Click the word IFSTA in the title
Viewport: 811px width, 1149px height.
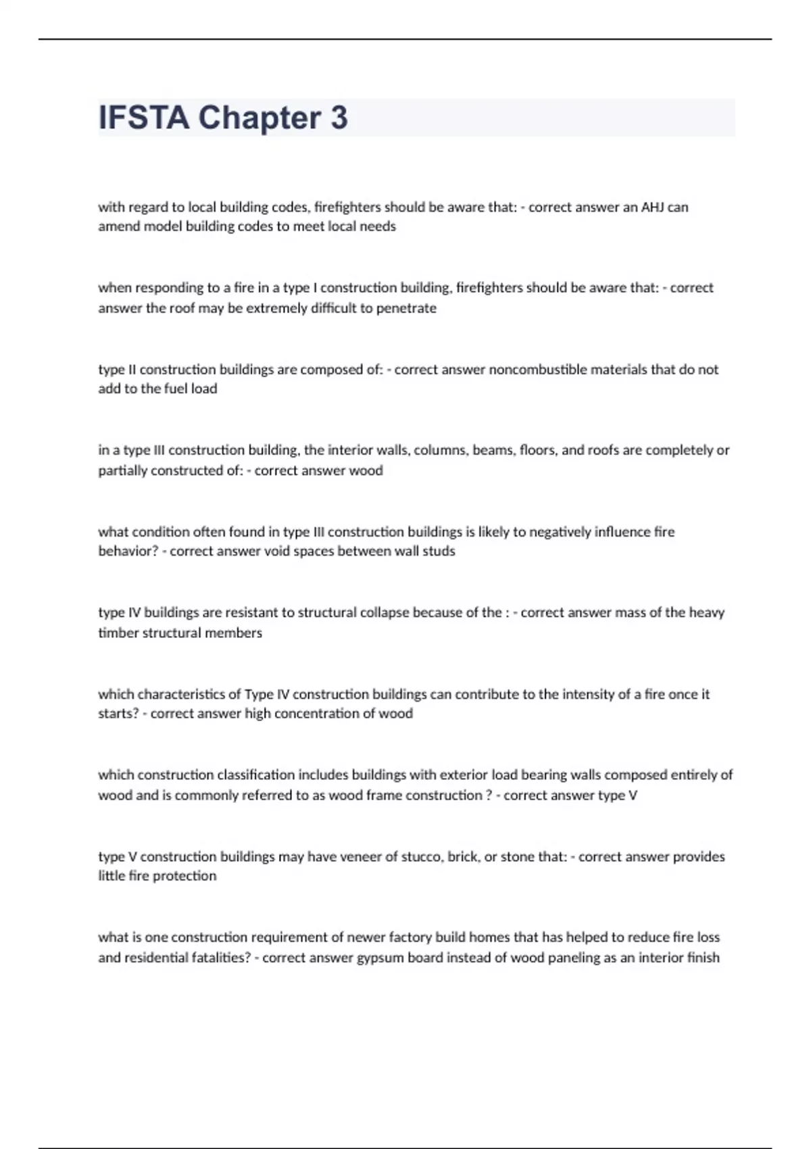tap(144, 118)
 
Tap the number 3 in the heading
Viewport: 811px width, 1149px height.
tap(339, 118)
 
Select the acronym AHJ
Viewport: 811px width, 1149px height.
tap(653, 207)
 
